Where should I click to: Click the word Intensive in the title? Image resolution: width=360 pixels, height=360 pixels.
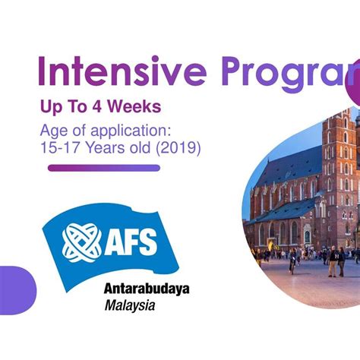(x=122, y=71)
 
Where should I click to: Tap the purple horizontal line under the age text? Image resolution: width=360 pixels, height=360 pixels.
(x=104, y=168)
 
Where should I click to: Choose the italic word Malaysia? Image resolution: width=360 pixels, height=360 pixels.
(x=130, y=307)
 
